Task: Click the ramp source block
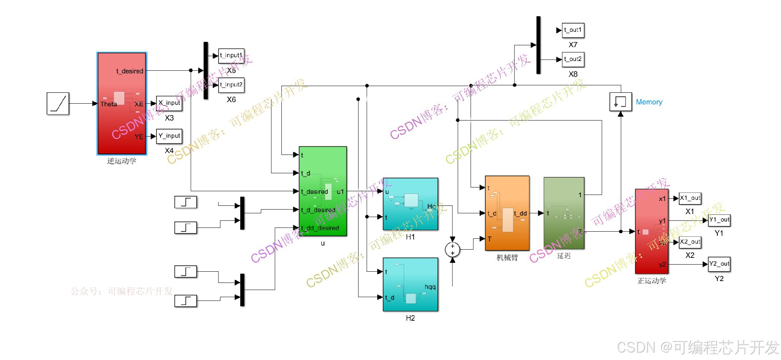[58, 103]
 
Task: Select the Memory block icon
[620, 102]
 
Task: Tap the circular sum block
[452, 250]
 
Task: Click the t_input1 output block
[231, 56]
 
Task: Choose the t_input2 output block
[231, 85]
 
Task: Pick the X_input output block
[169, 103]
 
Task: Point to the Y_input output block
[169, 136]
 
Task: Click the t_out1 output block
[573, 30]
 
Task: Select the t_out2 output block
[573, 59]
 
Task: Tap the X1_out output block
[690, 198]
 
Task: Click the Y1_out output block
[719, 220]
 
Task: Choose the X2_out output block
[690, 242]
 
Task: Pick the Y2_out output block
[719, 264]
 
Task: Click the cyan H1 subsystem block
[410, 204]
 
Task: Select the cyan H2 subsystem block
[410, 284]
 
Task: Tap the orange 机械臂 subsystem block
[507, 213]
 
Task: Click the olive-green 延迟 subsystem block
[564, 213]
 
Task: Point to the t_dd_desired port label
[320, 228]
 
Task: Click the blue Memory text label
[649, 102]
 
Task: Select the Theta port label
[109, 104]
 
